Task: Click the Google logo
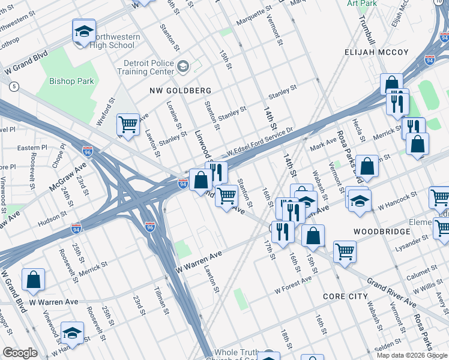tap(19, 353)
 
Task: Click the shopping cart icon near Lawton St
tap(128, 124)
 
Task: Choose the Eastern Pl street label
tap(32, 148)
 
